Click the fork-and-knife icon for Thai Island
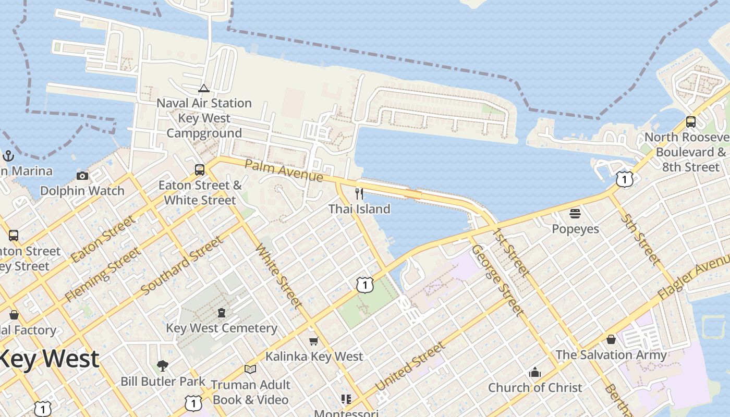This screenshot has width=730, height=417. coord(359,194)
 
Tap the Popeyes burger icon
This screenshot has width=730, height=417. coord(575,214)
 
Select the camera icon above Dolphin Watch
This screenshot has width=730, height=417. coord(82,176)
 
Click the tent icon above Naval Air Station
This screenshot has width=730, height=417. coord(204,88)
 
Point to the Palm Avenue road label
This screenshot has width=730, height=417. coord(283,171)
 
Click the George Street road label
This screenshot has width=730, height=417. coord(497,280)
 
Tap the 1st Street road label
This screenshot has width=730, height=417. coord(511,251)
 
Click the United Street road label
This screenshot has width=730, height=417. coord(410,366)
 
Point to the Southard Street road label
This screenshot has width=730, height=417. coord(182,265)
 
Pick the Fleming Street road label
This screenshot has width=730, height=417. coord(102,275)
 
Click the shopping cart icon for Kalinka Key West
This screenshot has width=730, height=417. coord(313,341)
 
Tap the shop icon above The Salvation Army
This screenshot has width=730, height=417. coord(611,340)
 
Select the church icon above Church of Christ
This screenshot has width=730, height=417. coord(534,373)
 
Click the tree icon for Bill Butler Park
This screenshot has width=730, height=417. coord(163,365)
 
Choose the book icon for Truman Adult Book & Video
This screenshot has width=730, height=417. coord(250,369)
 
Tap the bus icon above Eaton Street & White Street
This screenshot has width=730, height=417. coord(200,170)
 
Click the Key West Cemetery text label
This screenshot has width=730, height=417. coord(222,328)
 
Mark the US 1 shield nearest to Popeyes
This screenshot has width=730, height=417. coord(624,179)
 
